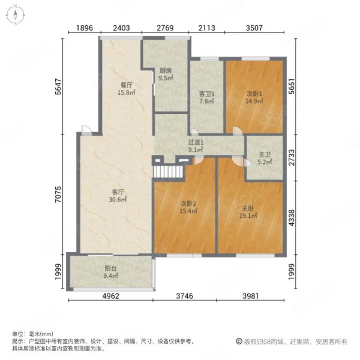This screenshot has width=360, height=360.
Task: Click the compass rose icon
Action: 16,15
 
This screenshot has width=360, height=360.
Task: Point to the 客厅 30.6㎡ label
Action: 118,196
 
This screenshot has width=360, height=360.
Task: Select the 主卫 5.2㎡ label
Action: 265,158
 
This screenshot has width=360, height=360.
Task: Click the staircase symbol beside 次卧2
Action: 168,172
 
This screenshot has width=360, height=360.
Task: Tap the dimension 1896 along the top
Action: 85,28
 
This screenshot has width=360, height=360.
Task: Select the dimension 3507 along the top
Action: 254,28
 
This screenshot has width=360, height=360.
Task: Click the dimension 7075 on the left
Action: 59,194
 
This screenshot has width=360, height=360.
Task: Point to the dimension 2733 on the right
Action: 292,157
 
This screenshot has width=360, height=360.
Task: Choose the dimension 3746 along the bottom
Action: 185,296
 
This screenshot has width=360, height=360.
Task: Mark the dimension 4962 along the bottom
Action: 110,296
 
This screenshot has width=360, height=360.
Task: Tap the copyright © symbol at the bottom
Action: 239,341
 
